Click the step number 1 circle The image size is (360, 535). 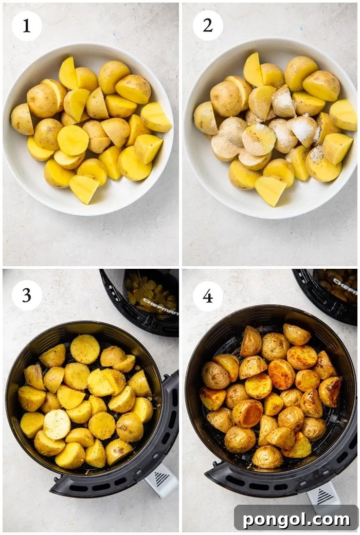27,26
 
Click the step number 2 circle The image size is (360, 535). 208,26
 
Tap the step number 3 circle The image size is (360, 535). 27,296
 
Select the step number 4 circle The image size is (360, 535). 208,296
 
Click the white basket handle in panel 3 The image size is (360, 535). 161,480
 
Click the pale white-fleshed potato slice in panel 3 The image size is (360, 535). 57,424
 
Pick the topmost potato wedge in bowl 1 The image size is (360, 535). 68,73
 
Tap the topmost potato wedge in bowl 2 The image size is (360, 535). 253,69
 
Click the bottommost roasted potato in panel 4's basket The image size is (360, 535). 267,456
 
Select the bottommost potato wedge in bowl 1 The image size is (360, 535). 84,189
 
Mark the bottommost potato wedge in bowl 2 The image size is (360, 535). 271,190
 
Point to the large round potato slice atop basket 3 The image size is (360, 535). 85,349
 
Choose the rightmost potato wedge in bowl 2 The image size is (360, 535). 343,115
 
